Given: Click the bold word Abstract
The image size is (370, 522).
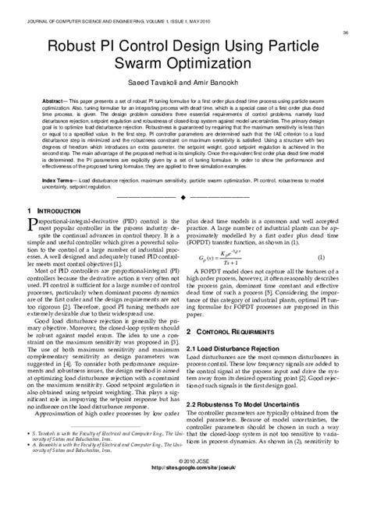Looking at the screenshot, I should [55, 101].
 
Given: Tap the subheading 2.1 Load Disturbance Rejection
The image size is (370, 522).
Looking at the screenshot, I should [242, 369].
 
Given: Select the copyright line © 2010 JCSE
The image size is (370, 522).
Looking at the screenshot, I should [184, 504].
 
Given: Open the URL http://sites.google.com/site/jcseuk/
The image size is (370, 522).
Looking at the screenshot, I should [184, 512].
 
